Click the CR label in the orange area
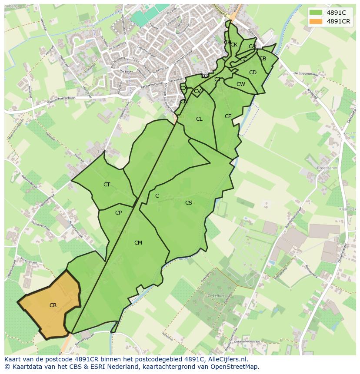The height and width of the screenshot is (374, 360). click(x=53, y=305)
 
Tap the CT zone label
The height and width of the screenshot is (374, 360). click(x=107, y=185)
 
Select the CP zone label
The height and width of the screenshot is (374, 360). click(x=118, y=213)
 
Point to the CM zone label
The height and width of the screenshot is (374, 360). click(x=138, y=243)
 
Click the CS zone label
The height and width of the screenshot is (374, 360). click(x=188, y=203)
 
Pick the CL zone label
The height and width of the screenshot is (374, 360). click(x=199, y=119)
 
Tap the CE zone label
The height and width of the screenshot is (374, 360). click(x=228, y=116)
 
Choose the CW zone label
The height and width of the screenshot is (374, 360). click(x=240, y=84)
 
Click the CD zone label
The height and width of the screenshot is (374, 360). click(x=253, y=73)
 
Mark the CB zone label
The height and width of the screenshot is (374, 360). click(x=263, y=59)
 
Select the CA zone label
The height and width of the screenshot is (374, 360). click(x=252, y=46)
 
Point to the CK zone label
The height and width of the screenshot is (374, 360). click(x=234, y=45)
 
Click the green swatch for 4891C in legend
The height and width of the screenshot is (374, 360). click(x=316, y=13)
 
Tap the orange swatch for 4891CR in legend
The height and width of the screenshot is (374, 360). click(x=316, y=21)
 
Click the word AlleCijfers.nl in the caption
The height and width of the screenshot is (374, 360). click(x=227, y=360)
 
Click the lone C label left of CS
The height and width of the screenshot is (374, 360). click(x=157, y=196)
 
